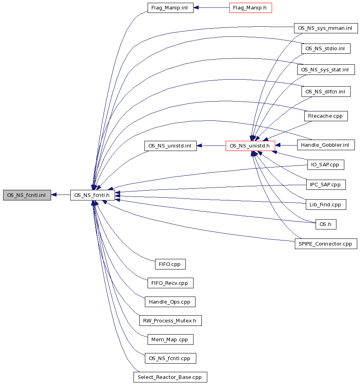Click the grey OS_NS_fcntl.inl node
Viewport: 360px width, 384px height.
point(27,195)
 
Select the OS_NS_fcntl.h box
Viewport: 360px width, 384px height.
point(92,195)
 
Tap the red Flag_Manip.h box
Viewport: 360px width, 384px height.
point(250,8)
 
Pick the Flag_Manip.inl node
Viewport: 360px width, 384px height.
point(170,8)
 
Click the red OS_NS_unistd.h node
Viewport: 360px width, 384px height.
point(250,146)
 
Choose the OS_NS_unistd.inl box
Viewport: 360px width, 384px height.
point(170,146)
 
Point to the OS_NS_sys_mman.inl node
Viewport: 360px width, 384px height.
point(326,28)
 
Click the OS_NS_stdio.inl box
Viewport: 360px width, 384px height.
point(326,49)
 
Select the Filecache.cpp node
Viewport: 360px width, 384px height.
point(326,116)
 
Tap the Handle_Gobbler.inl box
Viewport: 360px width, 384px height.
point(326,145)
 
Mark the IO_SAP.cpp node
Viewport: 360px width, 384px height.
point(326,165)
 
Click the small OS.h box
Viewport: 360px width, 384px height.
point(326,224)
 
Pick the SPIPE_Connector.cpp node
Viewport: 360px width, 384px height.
point(326,244)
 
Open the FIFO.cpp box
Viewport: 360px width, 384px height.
point(170,264)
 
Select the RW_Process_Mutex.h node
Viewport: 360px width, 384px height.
point(170,321)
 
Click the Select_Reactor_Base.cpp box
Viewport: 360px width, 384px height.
point(170,377)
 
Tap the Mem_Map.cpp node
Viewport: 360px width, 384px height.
point(170,340)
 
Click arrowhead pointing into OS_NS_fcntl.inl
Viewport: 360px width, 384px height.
point(54,195)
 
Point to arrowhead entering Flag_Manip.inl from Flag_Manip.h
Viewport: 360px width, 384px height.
point(196,8)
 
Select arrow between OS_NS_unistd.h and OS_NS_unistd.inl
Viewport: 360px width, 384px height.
point(211,146)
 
